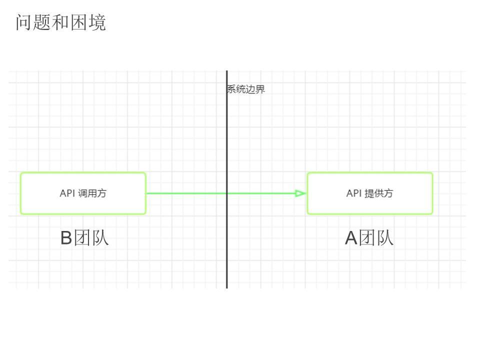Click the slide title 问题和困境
click(x=61, y=23)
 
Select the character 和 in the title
click(x=61, y=23)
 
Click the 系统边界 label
click(x=246, y=90)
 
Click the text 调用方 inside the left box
click(x=92, y=193)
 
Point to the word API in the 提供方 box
click(x=354, y=193)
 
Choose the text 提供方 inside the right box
click(x=379, y=193)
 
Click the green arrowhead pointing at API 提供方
click(x=300, y=193)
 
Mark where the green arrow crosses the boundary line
click(x=226, y=193)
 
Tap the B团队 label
click(x=84, y=238)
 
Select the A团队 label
click(x=369, y=238)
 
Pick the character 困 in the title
click(x=79, y=23)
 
